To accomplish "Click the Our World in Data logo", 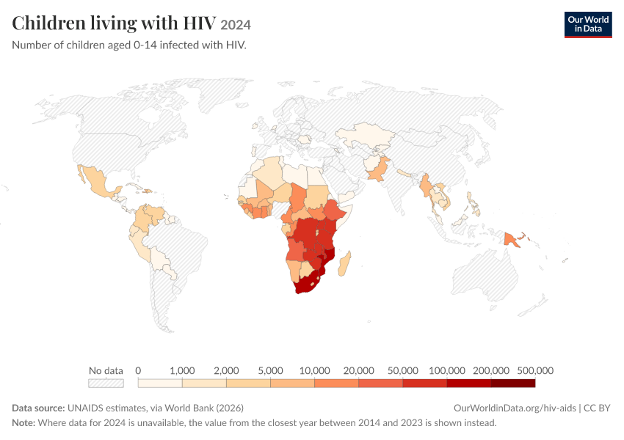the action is point(588,25).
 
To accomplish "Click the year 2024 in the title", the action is point(236,25).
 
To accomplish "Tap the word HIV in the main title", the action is point(200,23).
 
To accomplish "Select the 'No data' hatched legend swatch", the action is point(106,383).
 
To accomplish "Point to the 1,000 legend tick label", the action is point(182,371).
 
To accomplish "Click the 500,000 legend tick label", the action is point(535,371).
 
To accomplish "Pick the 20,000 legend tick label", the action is point(358,371).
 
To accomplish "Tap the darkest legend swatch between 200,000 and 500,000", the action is point(513,383).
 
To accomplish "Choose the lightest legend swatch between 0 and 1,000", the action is point(160,383).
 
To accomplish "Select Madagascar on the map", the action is point(344,263).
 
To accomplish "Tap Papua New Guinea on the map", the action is point(511,240).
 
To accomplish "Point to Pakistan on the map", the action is point(377,169).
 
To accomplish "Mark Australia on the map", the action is point(485,274).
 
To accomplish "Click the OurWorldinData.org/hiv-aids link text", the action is point(515,408).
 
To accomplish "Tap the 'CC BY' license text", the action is point(597,408).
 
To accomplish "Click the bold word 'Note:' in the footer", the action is point(23,422).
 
